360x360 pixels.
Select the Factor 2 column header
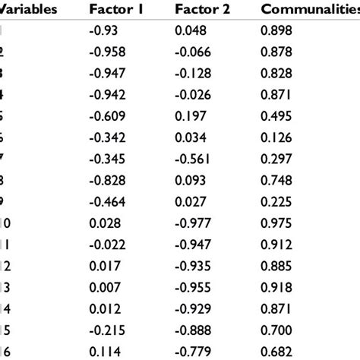pyautogui.click(x=201, y=10)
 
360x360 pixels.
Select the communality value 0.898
pyautogui.click(x=276, y=31)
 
